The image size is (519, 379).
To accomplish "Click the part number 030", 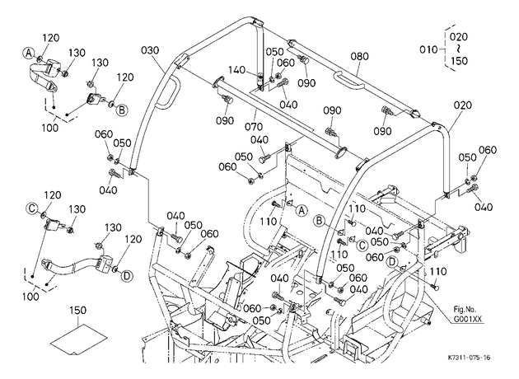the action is tap(150, 50).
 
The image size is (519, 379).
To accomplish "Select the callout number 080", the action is tap(359, 56).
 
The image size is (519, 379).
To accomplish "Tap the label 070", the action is tap(255, 126).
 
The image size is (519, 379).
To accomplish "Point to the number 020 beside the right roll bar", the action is tap(463, 105).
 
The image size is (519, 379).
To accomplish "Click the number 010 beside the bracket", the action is tap(428, 49).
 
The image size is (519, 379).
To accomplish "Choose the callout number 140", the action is tap(237, 70).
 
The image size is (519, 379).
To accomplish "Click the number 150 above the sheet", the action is tap(78, 310).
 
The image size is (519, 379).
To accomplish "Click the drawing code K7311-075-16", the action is tap(470, 358).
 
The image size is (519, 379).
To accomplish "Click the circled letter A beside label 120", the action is tap(29, 53).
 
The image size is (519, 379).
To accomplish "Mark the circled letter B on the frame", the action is tap(320, 221).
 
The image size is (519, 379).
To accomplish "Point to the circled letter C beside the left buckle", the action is tap(32, 208).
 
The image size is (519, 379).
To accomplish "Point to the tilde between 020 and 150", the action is tap(459, 49).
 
